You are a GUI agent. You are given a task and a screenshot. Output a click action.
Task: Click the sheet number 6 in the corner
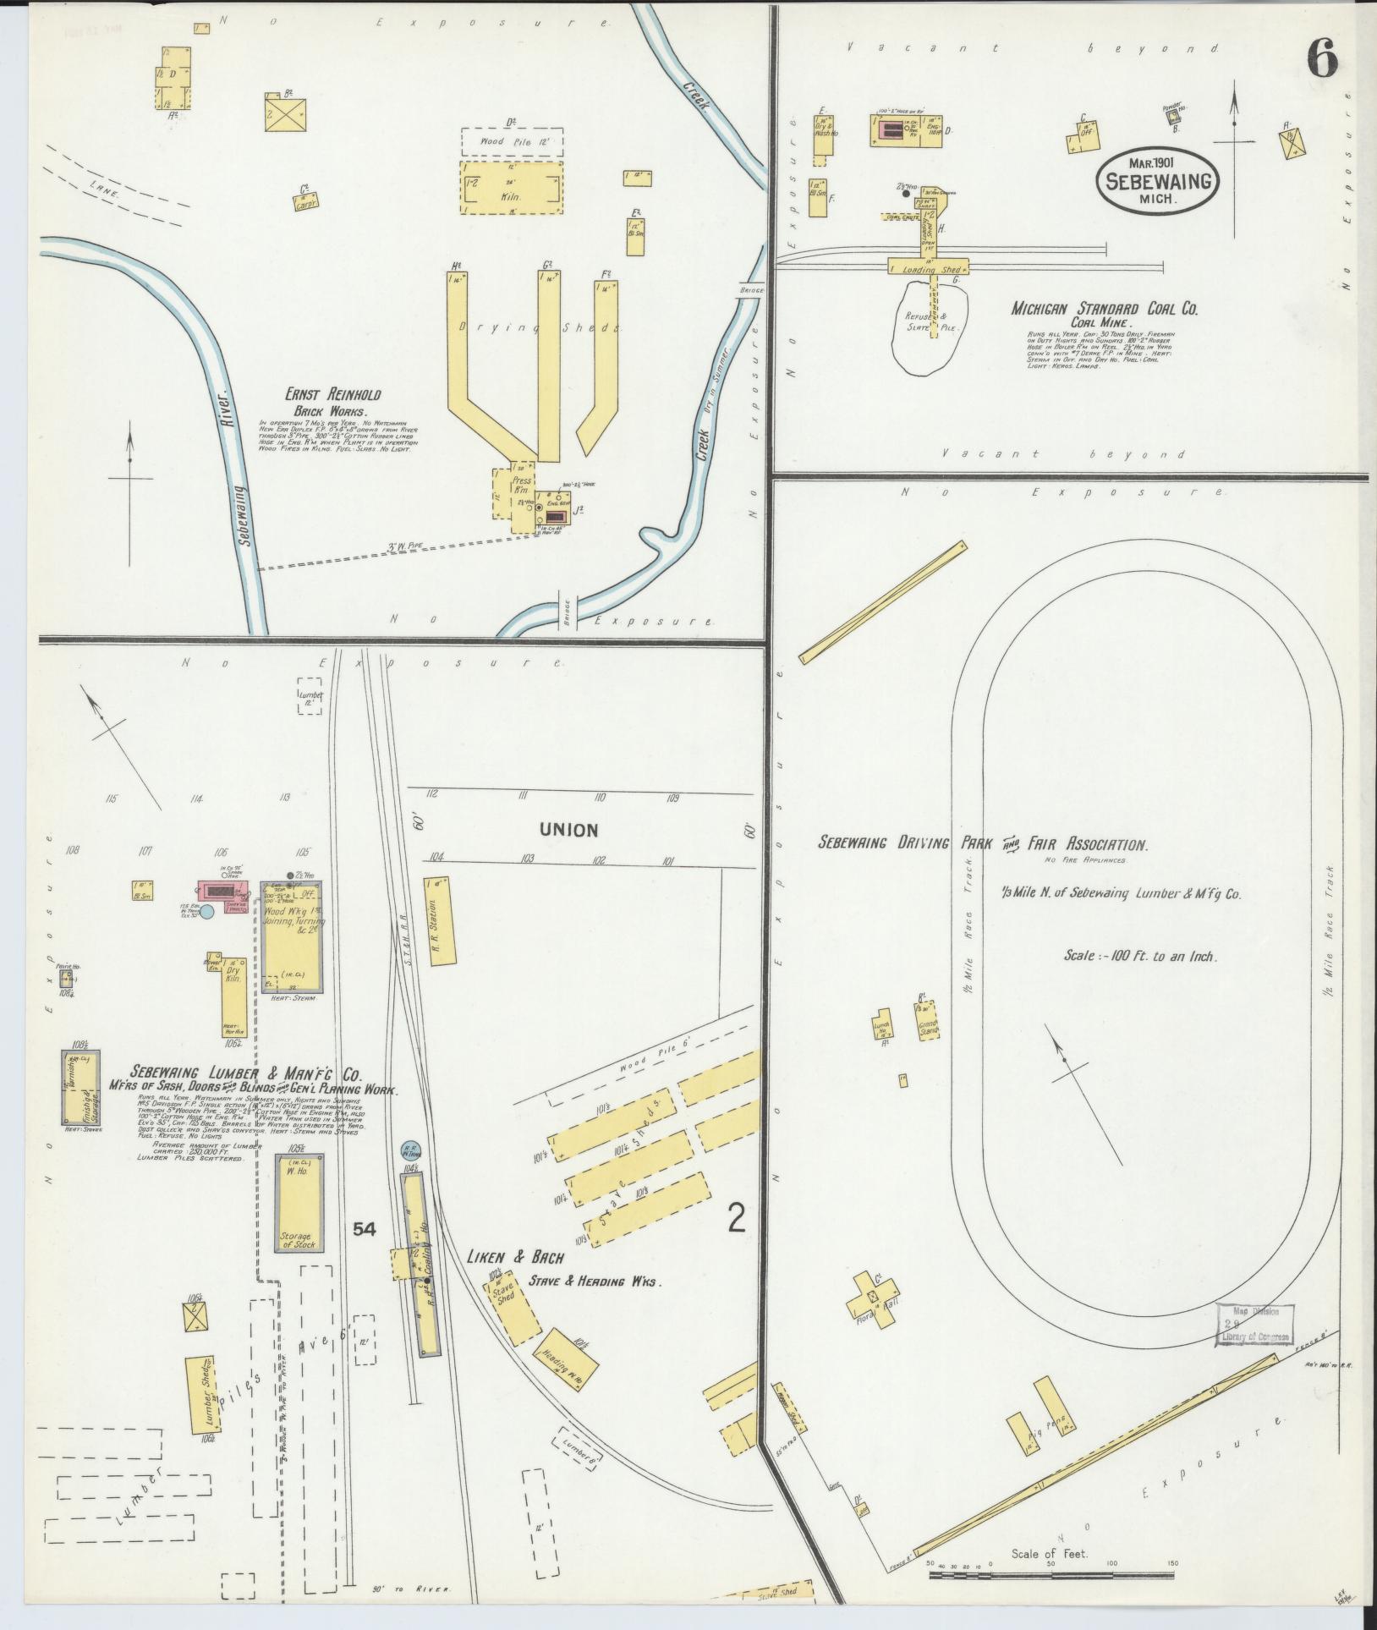tap(1322, 59)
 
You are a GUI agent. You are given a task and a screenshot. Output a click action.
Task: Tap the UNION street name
tap(573, 830)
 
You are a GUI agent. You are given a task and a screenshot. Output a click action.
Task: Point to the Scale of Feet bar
tap(1051, 1576)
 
